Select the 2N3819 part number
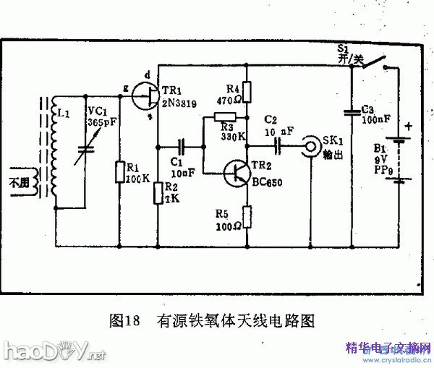[x=176, y=102]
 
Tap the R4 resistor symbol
[x=247, y=91]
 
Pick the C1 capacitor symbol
[x=182, y=145]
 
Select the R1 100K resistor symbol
[x=119, y=172]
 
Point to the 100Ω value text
[x=229, y=224]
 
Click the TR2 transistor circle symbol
[x=237, y=172]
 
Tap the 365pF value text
[x=97, y=122]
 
